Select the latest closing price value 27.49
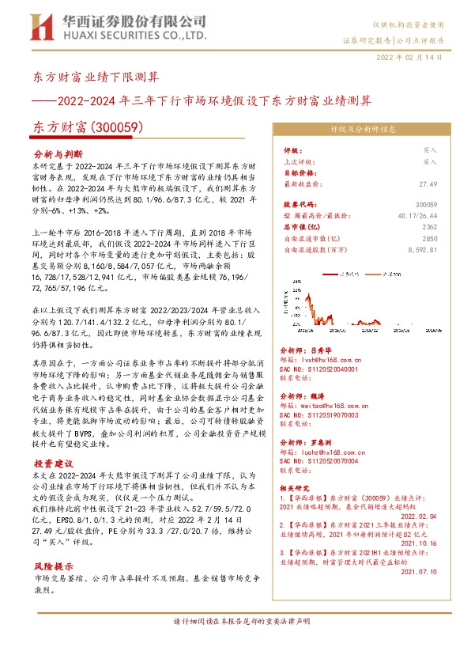tap(428, 183)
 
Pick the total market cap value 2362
tap(428, 226)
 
